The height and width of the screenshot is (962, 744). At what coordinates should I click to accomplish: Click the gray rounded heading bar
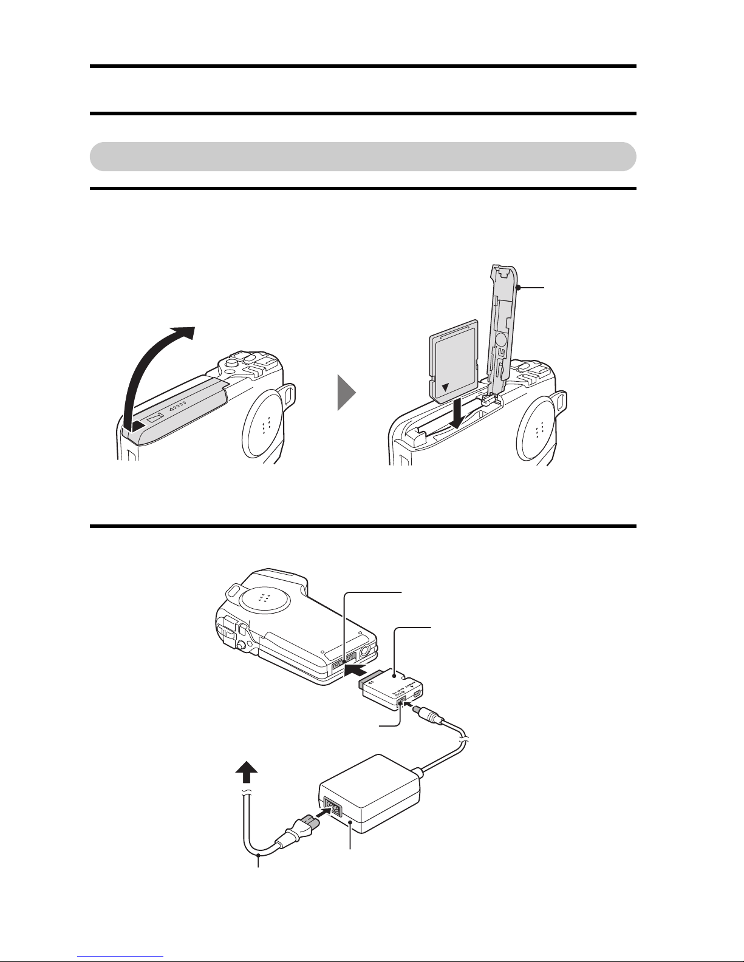(x=363, y=157)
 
